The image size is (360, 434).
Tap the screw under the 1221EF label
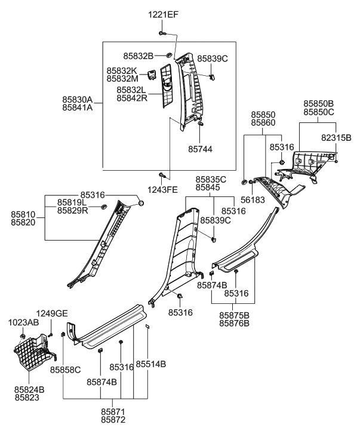[162, 32]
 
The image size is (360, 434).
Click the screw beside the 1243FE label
[161, 175]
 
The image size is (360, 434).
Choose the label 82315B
[336, 137]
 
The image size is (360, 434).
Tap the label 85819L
[73, 202]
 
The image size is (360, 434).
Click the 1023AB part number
[23, 322]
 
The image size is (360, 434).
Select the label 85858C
[65, 370]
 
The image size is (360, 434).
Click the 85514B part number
[150, 364]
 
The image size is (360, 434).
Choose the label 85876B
[233, 324]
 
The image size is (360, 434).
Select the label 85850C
[318, 112]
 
